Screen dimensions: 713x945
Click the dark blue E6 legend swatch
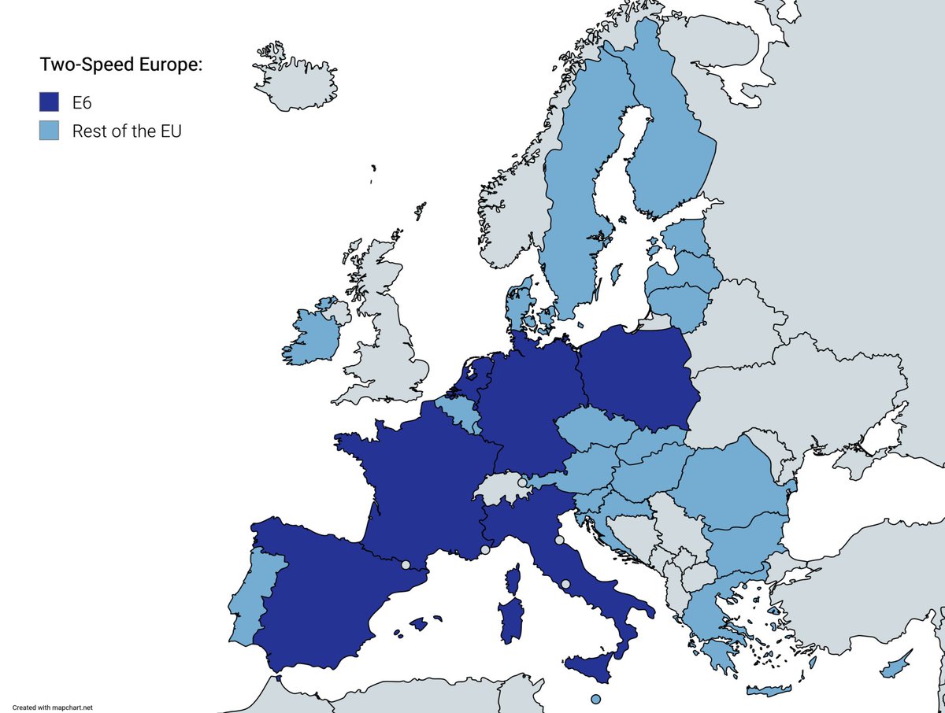(49, 102)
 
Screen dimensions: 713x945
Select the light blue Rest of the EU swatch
(49, 131)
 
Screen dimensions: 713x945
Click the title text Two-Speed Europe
(121, 65)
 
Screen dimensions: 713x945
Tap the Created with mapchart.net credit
(53, 707)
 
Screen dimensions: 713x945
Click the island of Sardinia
(511, 622)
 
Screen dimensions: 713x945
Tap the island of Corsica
(513, 582)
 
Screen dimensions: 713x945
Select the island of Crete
(768, 691)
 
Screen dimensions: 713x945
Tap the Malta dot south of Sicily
(595, 699)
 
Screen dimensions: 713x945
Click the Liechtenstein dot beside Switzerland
(522, 482)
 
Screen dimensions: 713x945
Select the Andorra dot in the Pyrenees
(406, 564)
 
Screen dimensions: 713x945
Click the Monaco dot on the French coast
(485, 550)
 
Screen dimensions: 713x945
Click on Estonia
(684, 236)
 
